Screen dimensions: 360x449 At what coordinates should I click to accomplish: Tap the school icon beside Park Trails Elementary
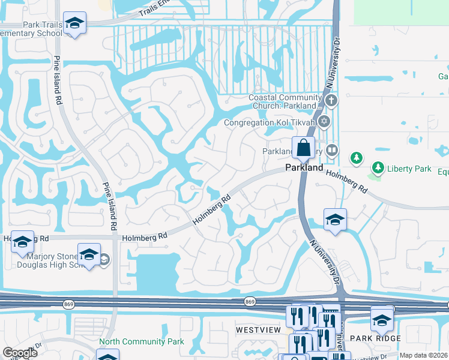[x=74, y=24]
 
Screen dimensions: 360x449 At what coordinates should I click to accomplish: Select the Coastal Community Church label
[x=286, y=101]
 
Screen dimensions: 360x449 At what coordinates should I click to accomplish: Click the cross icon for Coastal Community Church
[x=331, y=100]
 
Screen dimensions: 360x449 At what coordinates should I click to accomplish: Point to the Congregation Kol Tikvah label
[x=270, y=122]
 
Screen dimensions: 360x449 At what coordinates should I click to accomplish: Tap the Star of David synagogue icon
[x=325, y=122]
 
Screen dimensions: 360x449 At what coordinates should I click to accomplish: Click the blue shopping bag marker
[x=304, y=148]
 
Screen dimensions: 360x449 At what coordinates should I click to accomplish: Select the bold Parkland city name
[x=304, y=167]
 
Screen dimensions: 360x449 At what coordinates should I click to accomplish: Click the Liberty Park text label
[x=409, y=169]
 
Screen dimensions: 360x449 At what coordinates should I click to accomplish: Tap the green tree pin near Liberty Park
[x=357, y=158]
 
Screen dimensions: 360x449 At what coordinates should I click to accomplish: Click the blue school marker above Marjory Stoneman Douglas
[x=89, y=254]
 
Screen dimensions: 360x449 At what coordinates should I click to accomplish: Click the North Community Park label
[x=141, y=341]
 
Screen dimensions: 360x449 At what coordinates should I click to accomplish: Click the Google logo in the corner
[x=20, y=353]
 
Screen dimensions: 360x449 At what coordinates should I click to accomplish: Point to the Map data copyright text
[x=424, y=355]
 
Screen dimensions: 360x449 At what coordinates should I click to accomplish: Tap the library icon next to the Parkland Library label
[x=331, y=150]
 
